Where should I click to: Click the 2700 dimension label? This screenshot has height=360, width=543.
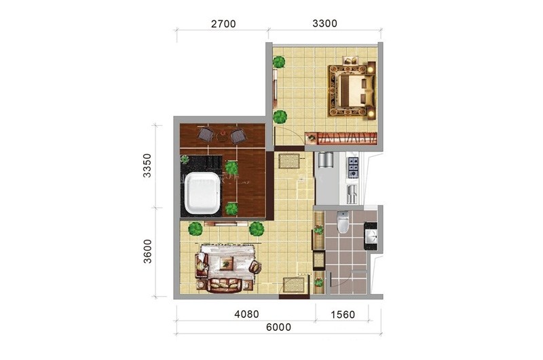click(223, 24)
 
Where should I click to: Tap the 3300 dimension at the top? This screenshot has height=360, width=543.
click(324, 23)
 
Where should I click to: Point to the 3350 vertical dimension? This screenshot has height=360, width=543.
click(147, 166)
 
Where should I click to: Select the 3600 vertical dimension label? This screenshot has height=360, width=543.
click(147, 251)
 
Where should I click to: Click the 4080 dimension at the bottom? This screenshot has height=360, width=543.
click(246, 314)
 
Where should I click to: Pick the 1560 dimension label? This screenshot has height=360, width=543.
click(343, 314)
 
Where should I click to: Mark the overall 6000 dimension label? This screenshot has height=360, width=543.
click(278, 327)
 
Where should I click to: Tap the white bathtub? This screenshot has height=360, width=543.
click(202, 194)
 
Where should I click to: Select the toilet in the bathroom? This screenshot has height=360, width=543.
click(343, 222)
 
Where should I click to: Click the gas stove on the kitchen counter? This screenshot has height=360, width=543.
click(354, 166)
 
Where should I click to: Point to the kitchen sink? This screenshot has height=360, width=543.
click(352, 194)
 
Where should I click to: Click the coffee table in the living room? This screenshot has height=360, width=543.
click(226, 264)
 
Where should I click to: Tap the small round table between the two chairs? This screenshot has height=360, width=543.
click(222, 136)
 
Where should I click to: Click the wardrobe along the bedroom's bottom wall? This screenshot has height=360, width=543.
click(341, 138)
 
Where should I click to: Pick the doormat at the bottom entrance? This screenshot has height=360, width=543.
click(295, 285)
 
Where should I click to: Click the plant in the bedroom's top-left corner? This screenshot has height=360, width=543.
click(279, 62)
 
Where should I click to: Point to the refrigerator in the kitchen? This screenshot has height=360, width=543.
click(325, 160)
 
